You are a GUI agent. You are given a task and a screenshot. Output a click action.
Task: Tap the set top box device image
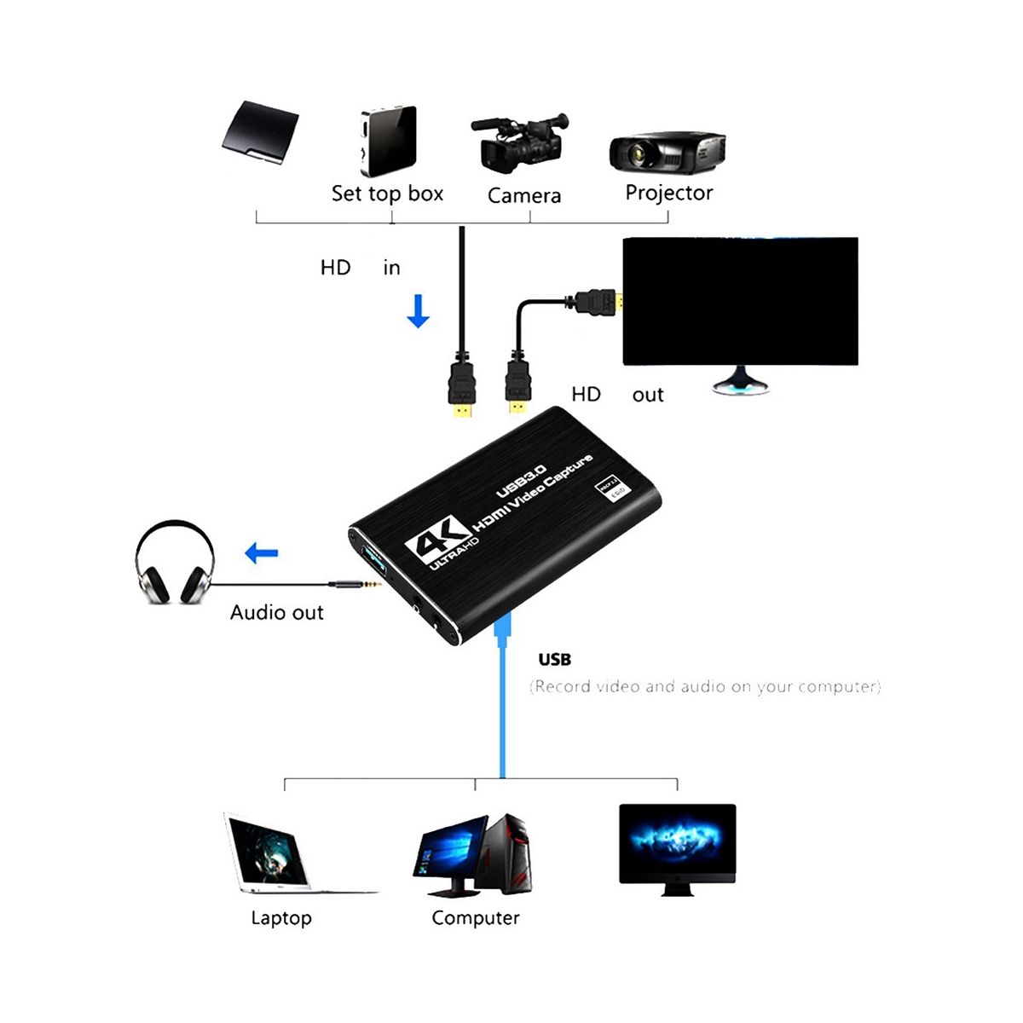(x=388, y=141)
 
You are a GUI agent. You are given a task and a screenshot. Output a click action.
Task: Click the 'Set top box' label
(x=387, y=194)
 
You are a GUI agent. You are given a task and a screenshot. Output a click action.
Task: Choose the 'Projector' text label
(x=668, y=193)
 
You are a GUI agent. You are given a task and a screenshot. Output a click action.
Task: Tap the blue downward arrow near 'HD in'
(x=418, y=311)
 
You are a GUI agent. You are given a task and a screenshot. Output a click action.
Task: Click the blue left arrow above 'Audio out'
(x=262, y=554)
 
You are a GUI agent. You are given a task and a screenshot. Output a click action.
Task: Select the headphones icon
(x=175, y=564)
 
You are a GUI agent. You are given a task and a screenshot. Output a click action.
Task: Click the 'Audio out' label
(x=277, y=613)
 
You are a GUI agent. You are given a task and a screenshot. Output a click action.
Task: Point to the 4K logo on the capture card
(x=436, y=538)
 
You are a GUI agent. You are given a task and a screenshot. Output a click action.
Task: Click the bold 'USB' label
(x=555, y=660)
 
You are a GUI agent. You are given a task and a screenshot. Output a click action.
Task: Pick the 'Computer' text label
(x=475, y=918)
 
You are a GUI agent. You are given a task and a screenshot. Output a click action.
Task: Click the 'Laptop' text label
(x=281, y=918)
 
